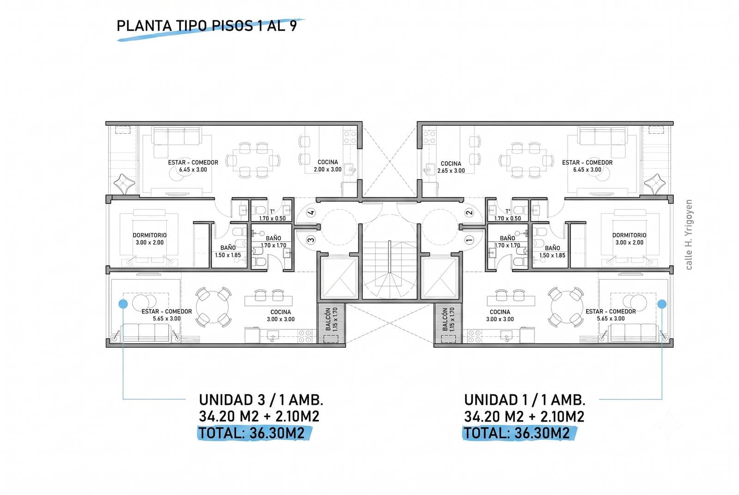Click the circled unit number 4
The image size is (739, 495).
pos(311,213)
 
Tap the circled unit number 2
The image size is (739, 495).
pos(469,213)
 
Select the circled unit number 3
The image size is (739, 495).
pos(311,240)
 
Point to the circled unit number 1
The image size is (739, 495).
pos(469,240)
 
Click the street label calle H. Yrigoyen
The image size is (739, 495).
pos(689,235)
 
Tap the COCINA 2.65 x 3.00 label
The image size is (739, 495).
pos(451,167)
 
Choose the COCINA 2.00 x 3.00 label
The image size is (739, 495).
pos(327,166)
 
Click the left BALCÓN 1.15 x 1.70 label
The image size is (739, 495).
pos(331,319)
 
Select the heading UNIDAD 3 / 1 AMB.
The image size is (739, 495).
pos(261,400)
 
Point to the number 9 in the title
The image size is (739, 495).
pos(293,26)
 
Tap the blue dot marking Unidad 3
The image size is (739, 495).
pos(123,304)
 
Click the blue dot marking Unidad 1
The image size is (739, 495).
pos(662,304)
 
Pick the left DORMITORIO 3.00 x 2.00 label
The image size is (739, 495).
pos(150,239)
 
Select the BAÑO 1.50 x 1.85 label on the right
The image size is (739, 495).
pos(552,251)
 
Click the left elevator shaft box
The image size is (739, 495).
pos(339,278)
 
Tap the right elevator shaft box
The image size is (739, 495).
pos(440,278)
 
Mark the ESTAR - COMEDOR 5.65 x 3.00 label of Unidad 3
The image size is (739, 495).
pos(167,315)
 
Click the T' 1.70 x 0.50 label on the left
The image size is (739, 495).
pos(272,215)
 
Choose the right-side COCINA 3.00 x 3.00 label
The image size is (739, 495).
pos(500,316)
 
